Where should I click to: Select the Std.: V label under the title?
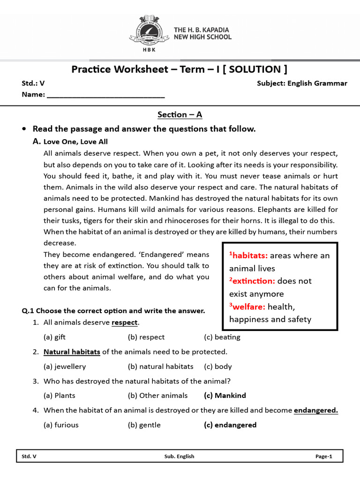(33, 83)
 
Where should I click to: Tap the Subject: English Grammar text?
(302, 83)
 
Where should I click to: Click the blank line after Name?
(106, 95)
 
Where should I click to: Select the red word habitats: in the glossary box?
(248, 255)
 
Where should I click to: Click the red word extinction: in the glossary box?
(252, 281)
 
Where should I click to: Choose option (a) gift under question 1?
(54, 337)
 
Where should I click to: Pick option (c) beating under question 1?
(222, 337)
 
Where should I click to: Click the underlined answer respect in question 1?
(125, 322)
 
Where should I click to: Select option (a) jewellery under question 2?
(65, 367)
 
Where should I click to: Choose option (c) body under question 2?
(218, 367)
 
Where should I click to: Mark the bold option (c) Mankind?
(225, 396)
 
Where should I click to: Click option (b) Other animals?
(157, 396)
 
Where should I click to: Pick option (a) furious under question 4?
(61, 425)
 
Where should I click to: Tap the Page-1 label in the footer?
(323, 457)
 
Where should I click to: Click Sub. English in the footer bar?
(179, 457)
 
